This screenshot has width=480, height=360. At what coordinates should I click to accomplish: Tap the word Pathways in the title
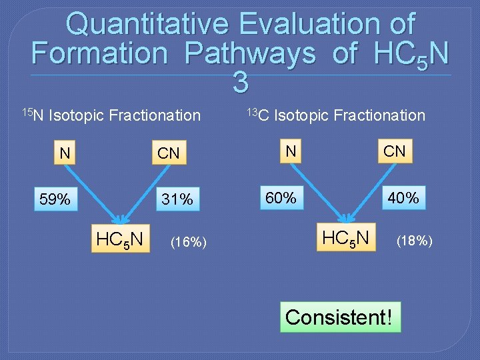(250, 53)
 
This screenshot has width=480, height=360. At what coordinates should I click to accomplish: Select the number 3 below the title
(241, 83)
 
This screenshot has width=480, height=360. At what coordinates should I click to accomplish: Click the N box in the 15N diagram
(65, 153)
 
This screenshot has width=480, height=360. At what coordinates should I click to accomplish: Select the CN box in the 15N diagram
(168, 153)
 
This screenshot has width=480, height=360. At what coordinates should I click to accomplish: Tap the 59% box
(55, 199)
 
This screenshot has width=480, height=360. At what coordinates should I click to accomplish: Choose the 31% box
(178, 199)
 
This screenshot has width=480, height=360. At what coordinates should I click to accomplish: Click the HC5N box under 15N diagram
(120, 237)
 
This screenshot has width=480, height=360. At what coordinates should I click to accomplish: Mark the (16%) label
(189, 242)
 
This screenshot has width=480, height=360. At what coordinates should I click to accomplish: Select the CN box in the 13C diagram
(394, 151)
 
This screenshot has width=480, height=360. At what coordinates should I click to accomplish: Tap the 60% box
(281, 197)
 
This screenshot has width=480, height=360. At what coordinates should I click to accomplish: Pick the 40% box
(403, 197)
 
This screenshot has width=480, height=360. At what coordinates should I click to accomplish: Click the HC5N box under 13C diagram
(346, 236)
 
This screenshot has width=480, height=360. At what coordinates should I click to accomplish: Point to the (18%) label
(415, 241)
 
